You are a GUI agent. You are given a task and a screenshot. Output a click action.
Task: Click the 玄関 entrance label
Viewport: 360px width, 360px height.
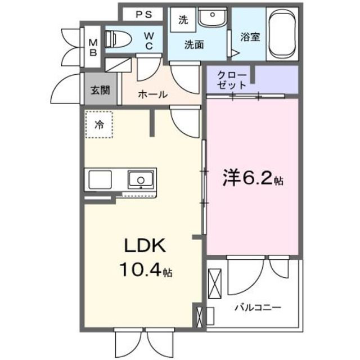[101, 90]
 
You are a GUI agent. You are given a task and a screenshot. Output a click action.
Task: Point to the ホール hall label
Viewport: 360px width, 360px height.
[152, 94]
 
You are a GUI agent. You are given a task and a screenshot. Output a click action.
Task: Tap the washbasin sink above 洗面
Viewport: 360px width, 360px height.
[213, 17]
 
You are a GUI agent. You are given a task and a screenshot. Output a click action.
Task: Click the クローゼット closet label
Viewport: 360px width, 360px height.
[231, 80]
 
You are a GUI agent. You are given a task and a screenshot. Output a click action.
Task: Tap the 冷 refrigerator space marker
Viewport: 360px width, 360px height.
[99, 125]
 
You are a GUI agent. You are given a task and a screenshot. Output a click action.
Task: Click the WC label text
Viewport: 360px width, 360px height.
[149, 41]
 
